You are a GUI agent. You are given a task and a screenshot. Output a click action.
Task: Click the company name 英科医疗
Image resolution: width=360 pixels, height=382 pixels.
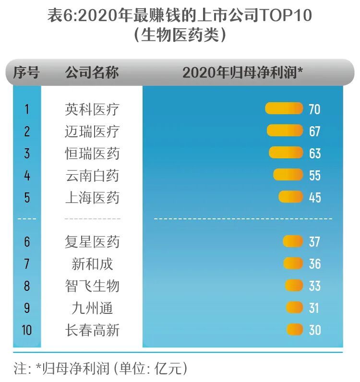(92, 109)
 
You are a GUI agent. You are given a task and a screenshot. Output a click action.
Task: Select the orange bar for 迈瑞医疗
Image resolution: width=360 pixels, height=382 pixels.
(285, 131)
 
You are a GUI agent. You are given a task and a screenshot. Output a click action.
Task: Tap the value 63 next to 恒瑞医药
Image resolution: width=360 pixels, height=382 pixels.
(315, 153)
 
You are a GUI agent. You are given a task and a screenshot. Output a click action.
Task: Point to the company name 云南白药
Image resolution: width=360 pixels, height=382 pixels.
(92, 175)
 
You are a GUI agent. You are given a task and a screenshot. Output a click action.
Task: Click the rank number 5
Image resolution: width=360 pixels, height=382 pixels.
(27, 197)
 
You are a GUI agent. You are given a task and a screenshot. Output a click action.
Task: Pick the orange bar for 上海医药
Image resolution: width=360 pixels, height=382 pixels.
(291, 197)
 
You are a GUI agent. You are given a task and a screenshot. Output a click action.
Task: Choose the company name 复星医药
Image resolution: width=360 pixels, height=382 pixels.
(92, 241)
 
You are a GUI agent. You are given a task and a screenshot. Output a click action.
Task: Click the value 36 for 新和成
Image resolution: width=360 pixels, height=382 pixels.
(315, 263)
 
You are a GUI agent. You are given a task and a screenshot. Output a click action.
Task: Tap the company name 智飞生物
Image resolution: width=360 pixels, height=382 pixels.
(92, 286)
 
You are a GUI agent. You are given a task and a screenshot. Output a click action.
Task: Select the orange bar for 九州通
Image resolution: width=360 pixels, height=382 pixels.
(294, 308)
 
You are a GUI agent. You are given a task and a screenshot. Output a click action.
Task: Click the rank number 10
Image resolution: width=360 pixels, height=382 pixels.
(27, 330)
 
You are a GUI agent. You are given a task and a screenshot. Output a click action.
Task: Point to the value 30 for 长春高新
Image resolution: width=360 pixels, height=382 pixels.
(315, 330)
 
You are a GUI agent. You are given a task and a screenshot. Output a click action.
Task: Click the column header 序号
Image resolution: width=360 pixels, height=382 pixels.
(26, 73)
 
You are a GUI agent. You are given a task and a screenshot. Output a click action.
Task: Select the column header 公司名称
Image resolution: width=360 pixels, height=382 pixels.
(92, 73)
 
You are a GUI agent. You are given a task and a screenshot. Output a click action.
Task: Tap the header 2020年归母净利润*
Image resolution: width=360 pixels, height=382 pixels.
(243, 73)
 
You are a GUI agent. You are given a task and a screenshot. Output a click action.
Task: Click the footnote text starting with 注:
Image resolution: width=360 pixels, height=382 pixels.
(100, 369)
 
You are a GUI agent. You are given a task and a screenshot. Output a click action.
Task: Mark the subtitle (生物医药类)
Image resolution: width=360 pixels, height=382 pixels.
(180, 36)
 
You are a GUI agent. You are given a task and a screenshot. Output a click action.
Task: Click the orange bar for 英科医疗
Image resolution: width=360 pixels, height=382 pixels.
(284, 108)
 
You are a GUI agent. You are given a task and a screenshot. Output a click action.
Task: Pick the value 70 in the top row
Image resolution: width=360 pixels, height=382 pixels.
(314, 109)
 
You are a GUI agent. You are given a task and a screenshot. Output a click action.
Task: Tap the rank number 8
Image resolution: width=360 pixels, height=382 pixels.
(27, 286)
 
